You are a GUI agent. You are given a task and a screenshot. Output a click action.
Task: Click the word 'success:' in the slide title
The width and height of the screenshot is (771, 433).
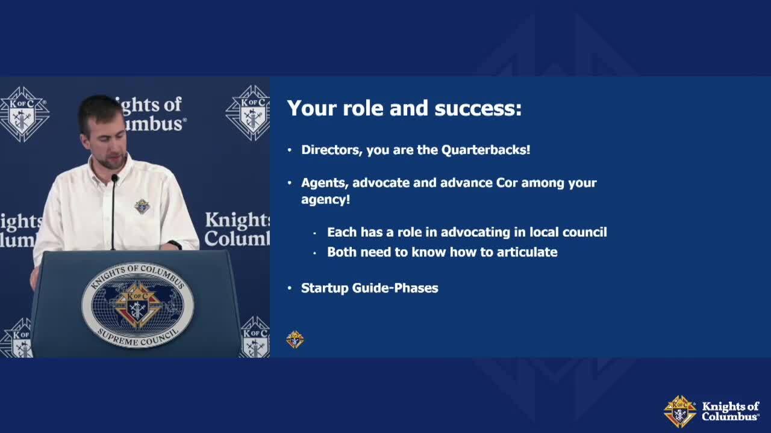pyautogui.click(x=478, y=108)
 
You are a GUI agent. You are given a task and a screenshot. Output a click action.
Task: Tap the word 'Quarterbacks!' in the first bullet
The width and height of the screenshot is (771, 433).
pyautogui.click(x=485, y=150)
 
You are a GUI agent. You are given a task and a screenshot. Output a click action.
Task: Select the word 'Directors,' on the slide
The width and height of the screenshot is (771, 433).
pyautogui.click(x=332, y=150)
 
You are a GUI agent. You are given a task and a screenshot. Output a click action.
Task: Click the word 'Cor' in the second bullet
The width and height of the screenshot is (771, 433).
pyautogui.click(x=507, y=183)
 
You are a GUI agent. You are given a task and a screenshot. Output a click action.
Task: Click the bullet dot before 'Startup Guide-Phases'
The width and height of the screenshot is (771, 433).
pyautogui.click(x=290, y=288)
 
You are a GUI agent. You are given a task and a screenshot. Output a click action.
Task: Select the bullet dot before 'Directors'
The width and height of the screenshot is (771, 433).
pyautogui.click(x=290, y=150)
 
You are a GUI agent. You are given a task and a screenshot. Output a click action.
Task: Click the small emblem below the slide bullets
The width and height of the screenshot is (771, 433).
pyautogui.click(x=295, y=340)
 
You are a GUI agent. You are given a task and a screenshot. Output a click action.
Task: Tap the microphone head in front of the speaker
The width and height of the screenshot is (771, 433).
pyautogui.click(x=114, y=178)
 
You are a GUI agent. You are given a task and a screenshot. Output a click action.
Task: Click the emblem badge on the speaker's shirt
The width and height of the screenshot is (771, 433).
pyautogui.click(x=142, y=206)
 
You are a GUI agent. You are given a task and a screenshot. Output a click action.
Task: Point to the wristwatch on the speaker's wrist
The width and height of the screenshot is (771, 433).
pyautogui.click(x=175, y=245)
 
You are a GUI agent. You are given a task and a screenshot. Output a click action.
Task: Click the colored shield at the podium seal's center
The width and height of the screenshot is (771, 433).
pyautogui.click(x=137, y=305)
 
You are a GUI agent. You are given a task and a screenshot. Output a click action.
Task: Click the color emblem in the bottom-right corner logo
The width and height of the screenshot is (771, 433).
pyautogui.click(x=679, y=411)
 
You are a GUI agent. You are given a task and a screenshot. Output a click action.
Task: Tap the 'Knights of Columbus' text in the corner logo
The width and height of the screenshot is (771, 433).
pyautogui.click(x=731, y=411)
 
